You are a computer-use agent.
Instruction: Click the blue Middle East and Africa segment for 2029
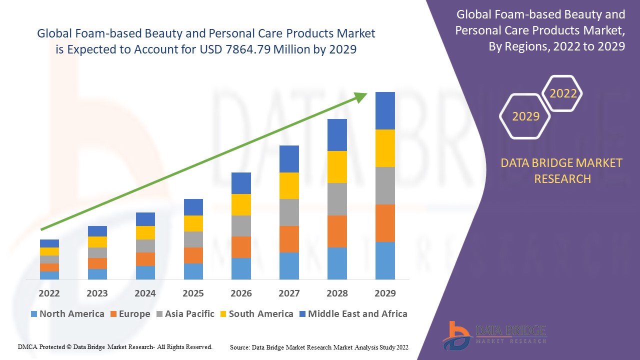click(385, 110)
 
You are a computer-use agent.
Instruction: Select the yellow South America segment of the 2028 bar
click(337, 167)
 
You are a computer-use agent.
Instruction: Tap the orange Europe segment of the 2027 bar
click(289, 239)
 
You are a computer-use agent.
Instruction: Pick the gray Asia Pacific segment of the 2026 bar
click(241, 226)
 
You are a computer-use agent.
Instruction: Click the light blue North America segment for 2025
click(193, 271)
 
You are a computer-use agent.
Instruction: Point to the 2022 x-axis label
click(49, 293)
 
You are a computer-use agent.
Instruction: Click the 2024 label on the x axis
click(145, 293)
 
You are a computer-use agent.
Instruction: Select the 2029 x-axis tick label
click(385, 293)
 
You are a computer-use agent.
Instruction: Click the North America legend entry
click(67, 314)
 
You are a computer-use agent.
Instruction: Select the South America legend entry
click(255, 314)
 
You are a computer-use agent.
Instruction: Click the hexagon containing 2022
click(563, 93)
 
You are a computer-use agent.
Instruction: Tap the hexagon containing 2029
click(525, 116)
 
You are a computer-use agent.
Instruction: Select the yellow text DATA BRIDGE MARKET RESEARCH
click(562, 170)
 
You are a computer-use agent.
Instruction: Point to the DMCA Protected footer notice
click(115, 346)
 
